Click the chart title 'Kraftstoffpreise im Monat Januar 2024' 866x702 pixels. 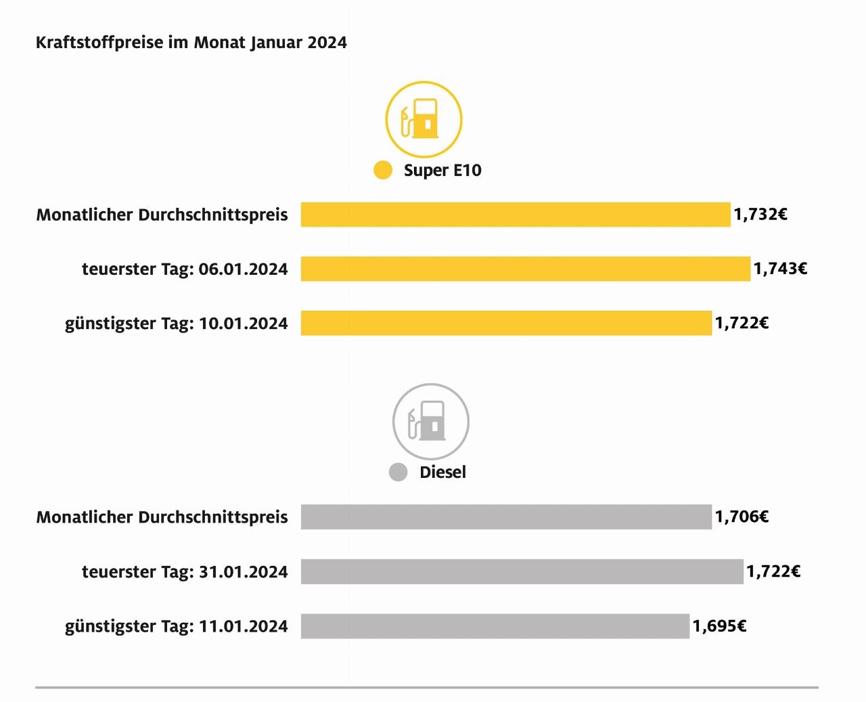click(x=191, y=43)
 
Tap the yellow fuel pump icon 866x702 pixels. click(x=424, y=120)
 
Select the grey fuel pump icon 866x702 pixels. click(x=430, y=422)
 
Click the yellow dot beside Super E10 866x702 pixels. click(x=383, y=170)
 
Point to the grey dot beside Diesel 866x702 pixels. click(x=398, y=472)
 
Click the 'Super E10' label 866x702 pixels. click(x=442, y=170)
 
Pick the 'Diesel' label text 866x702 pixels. click(x=442, y=472)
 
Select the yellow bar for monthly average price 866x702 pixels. click(x=516, y=215)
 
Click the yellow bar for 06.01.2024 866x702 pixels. click(x=526, y=269)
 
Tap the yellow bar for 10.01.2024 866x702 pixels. click(x=506, y=323)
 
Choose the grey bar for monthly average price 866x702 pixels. click(x=506, y=517)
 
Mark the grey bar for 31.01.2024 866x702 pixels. click(x=522, y=571)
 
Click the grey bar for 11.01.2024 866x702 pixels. click(x=495, y=626)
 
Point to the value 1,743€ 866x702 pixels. click(x=780, y=269)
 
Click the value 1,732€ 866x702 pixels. click(x=760, y=215)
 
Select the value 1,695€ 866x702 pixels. click(x=719, y=626)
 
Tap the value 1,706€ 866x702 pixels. click(x=742, y=517)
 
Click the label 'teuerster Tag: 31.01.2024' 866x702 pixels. click(x=185, y=572)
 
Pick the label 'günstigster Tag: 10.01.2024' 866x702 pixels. click(x=176, y=324)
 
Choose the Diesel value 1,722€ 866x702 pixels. click(x=773, y=571)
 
